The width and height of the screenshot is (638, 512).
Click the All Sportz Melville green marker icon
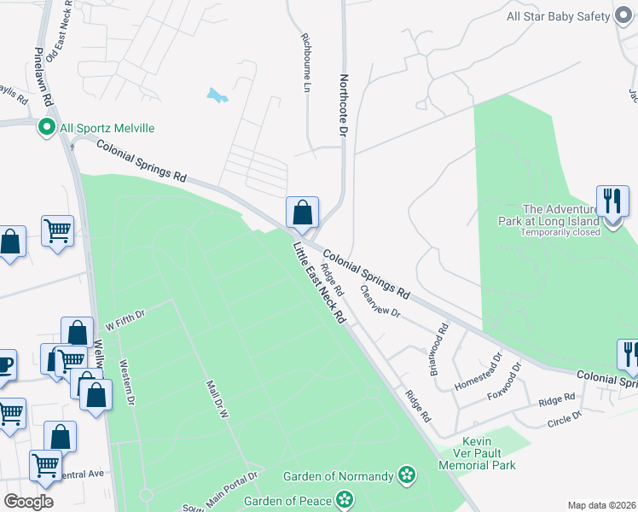click(x=46, y=127)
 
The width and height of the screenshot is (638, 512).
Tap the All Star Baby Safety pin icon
click(x=624, y=16)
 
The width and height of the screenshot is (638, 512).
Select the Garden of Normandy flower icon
click(x=407, y=475)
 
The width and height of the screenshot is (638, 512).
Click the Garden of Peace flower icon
click(x=345, y=498)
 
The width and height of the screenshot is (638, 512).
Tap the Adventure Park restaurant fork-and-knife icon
click(x=612, y=201)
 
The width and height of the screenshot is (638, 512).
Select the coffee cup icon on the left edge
click(x=5, y=364)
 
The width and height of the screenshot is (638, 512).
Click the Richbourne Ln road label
click(x=304, y=63)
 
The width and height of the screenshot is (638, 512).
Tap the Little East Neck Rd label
click(x=319, y=283)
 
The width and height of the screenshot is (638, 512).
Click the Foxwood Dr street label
click(x=504, y=385)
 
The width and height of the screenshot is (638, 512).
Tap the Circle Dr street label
click(x=565, y=419)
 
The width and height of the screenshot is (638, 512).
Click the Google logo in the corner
click(x=29, y=502)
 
